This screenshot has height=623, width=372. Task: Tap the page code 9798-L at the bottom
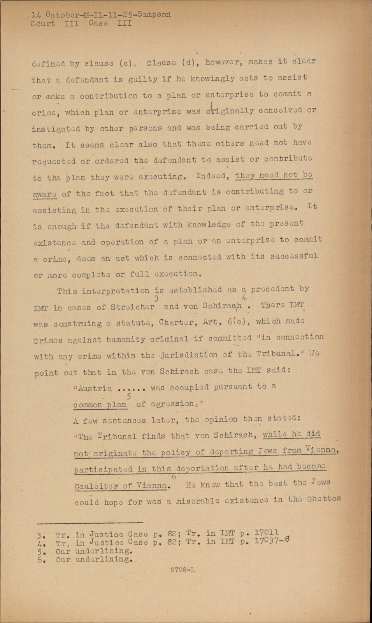pos(183,570)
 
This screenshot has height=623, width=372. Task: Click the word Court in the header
pos(43,23)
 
